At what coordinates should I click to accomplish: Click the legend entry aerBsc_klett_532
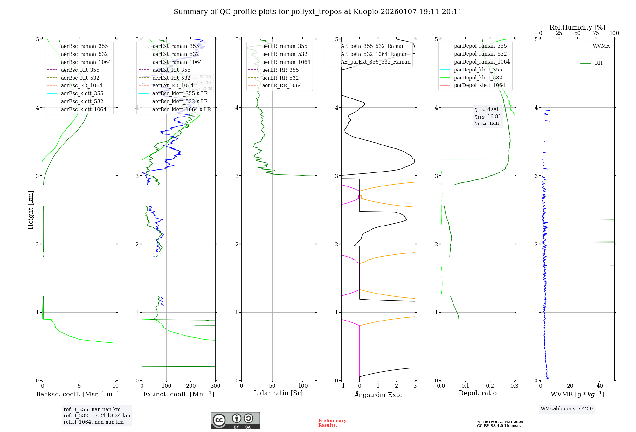[82, 102]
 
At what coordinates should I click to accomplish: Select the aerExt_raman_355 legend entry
[176, 46]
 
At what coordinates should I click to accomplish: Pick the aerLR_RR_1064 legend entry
[282, 86]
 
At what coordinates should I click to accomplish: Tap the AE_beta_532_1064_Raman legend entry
[374, 54]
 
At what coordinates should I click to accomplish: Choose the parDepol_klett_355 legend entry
[478, 70]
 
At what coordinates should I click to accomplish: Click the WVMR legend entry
[601, 46]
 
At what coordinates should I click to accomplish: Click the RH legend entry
[598, 63]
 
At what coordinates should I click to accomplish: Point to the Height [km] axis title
[31, 210]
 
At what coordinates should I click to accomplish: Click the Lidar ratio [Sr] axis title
[278, 393]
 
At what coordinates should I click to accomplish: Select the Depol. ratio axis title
[478, 393]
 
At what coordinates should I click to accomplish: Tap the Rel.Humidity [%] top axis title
[577, 27]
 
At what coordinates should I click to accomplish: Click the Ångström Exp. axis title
[378, 395]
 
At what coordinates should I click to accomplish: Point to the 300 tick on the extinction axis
[216, 386]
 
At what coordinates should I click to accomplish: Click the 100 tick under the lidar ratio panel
[303, 386]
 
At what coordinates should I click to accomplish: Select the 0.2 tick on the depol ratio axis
[490, 386]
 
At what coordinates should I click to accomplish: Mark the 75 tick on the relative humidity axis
[596, 33]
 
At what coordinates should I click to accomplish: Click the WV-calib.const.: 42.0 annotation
[567, 409]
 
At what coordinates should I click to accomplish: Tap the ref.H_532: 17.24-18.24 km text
[97, 416]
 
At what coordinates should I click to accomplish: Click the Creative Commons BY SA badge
[235, 421]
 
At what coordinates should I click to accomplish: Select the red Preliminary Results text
[332, 423]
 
